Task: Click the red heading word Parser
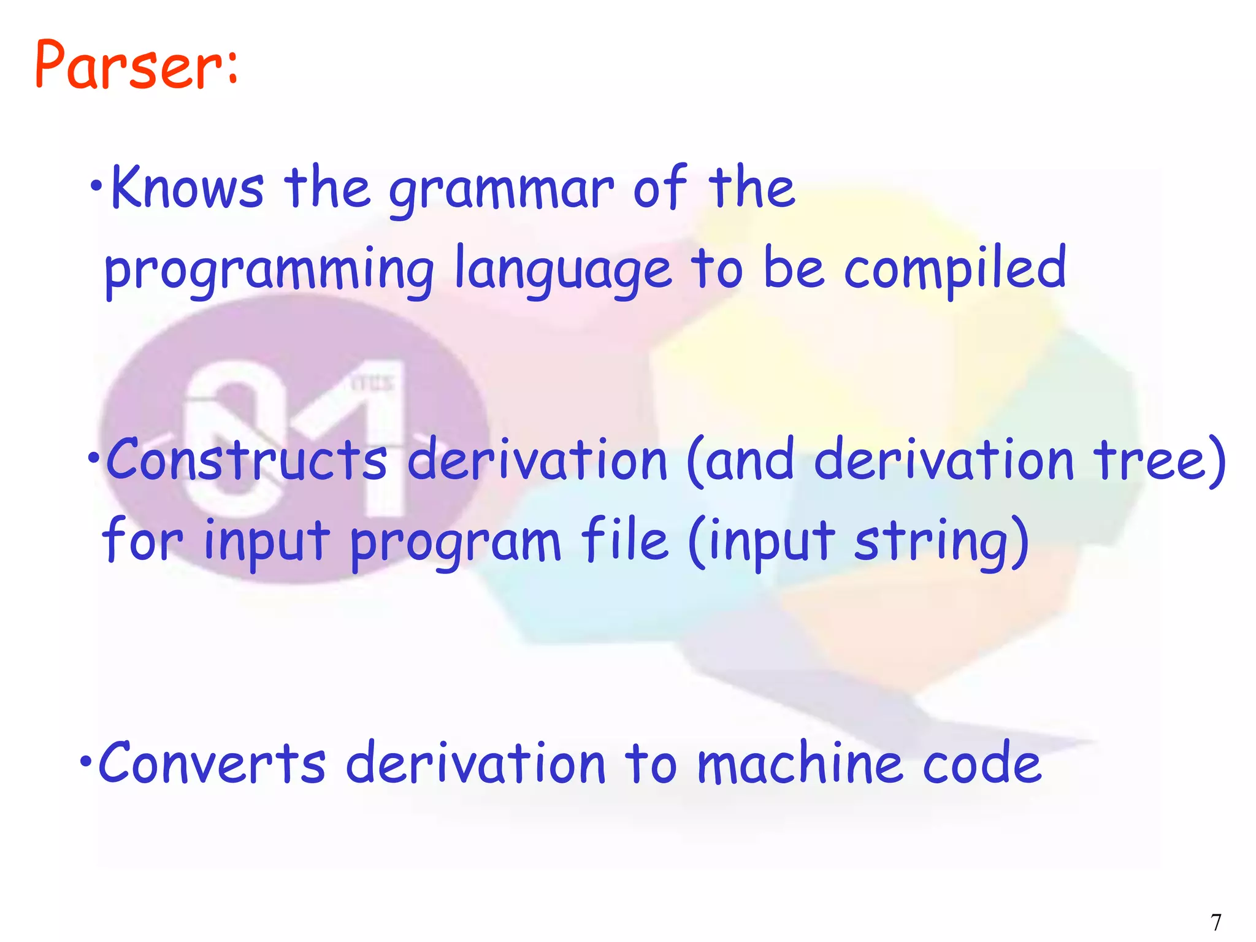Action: [x=123, y=65]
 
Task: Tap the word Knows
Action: [x=187, y=188]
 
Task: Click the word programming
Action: [x=269, y=270]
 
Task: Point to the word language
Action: [x=562, y=270]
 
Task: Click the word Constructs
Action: [x=247, y=460]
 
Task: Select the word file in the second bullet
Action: [x=624, y=540]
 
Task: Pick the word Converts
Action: [x=212, y=763]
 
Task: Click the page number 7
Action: [x=1216, y=922]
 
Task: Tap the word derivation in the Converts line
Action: [x=476, y=763]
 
